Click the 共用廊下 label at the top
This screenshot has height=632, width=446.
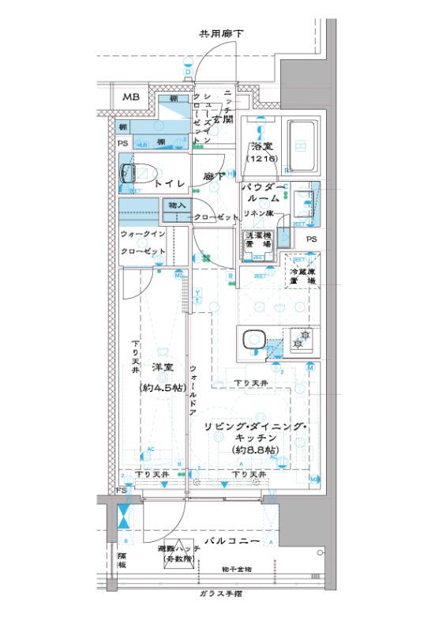coord(220,34)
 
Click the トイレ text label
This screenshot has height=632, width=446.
coord(170,183)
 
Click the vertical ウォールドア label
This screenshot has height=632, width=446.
coord(192,391)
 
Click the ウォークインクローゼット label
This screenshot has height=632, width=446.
coord(143,243)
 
